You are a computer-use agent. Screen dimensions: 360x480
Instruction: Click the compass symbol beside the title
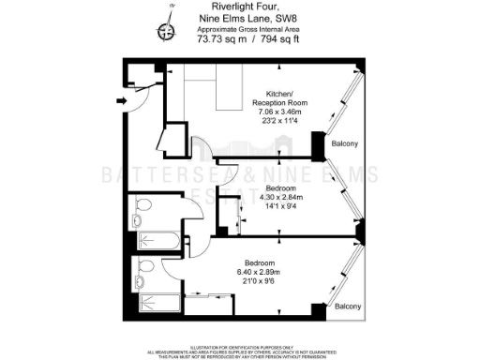168,30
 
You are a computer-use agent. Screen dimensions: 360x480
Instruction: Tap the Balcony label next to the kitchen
343,143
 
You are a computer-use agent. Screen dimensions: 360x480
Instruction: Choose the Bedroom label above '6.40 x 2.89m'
260,262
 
